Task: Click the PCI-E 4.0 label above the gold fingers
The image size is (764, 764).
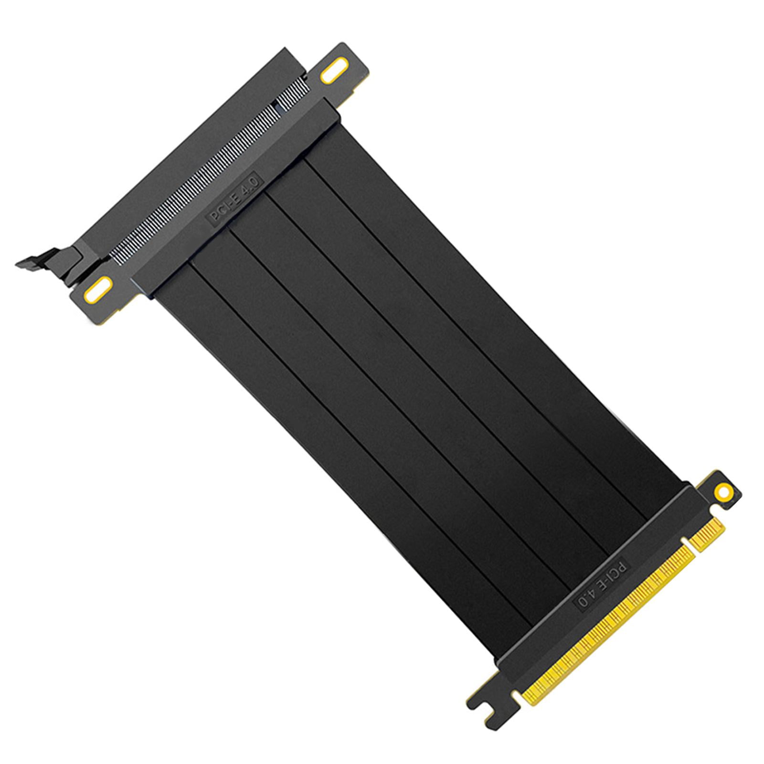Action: (605, 584)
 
